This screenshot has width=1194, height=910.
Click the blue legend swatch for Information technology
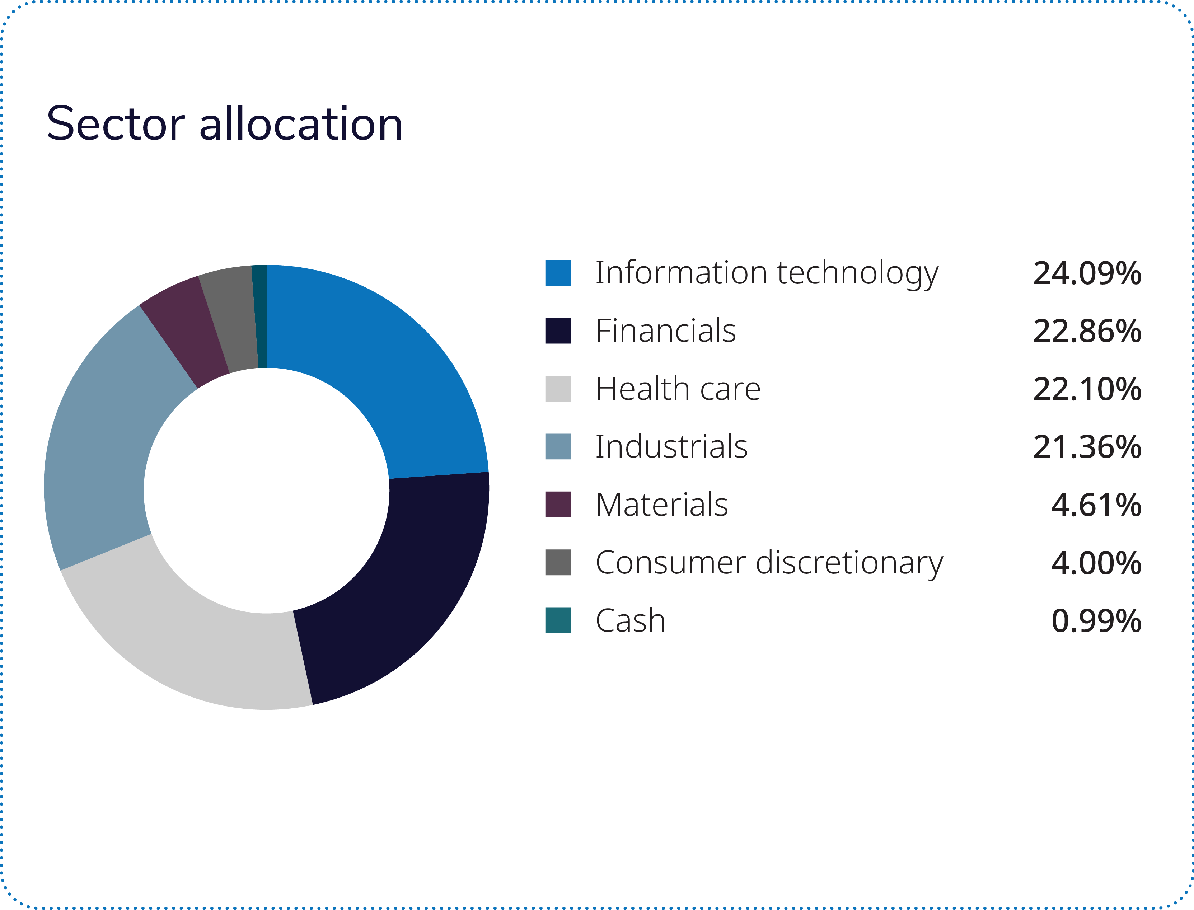pos(558,272)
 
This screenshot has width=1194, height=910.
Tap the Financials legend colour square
pos(558,330)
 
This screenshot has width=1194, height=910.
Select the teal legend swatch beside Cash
pos(558,620)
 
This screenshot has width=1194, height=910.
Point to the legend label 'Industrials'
pos(671,446)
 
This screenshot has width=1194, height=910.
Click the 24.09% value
pos(1087,273)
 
